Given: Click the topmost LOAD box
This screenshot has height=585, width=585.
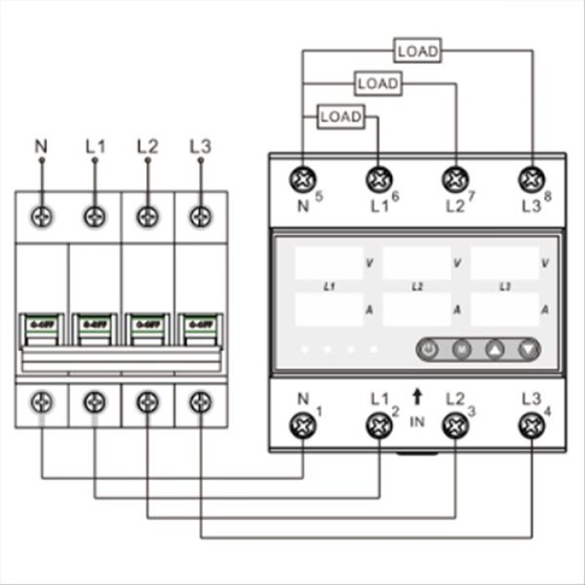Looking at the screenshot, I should pos(417,51).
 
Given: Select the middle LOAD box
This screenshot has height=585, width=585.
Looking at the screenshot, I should pos(378,84).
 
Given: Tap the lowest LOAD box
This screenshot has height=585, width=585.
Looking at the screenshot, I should pos(341,117).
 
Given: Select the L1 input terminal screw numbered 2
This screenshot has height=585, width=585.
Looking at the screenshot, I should pos(379,425).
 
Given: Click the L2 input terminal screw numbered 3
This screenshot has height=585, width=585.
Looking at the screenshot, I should pos(455,425).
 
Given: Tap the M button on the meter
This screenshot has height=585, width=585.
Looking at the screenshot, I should pos(461,349).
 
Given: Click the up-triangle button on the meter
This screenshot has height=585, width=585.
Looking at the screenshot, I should pos(494,349).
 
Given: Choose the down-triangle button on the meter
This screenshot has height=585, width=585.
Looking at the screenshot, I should pos(526,349).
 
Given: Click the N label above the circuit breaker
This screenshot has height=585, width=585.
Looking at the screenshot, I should pos(41,146).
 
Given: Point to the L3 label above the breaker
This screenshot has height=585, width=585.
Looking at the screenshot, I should pos(200,146).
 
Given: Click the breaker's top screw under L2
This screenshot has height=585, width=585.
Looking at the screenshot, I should pos(147,216).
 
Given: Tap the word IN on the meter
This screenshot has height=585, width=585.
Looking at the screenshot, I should pos(417,422).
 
